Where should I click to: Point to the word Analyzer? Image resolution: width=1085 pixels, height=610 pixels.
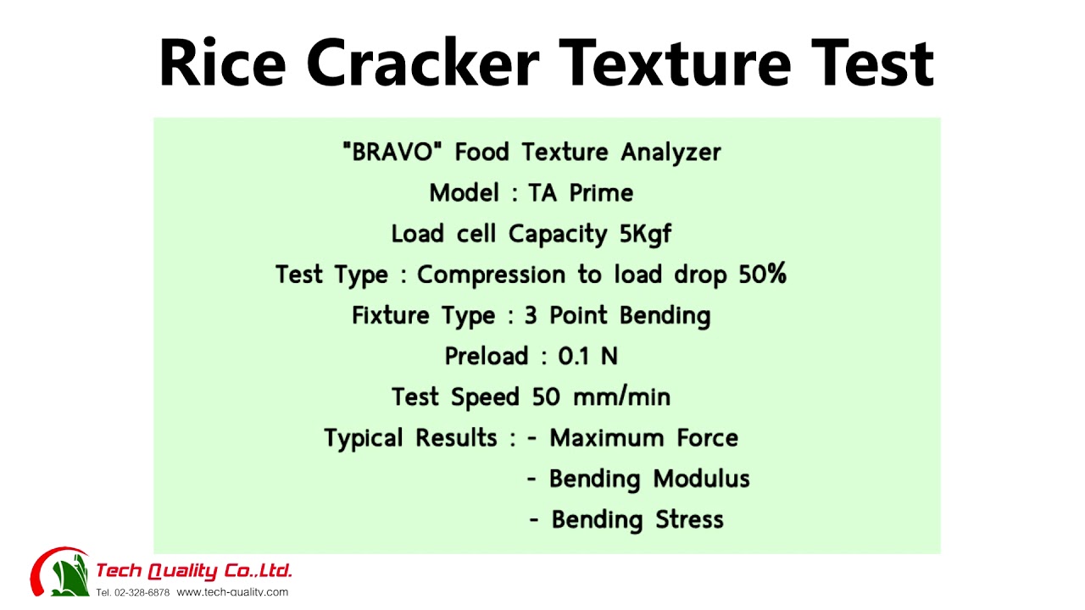click(670, 152)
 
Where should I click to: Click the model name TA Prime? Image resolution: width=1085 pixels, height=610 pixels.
click(581, 193)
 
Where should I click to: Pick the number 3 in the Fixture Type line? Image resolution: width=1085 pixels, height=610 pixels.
click(531, 315)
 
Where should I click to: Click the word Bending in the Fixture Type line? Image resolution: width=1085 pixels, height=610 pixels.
click(665, 316)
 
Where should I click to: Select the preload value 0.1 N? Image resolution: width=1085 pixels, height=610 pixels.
click(587, 356)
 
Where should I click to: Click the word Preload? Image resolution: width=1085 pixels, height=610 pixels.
click(486, 356)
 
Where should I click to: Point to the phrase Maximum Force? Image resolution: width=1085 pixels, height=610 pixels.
click(643, 438)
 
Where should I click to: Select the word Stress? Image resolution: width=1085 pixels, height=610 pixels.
click(689, 519)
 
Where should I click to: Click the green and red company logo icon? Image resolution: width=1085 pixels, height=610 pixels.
click(60, 572)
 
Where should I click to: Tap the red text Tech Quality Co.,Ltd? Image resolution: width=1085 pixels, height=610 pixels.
click(194, 570)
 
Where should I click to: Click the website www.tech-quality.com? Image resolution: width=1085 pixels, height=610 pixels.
click(232, 592)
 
